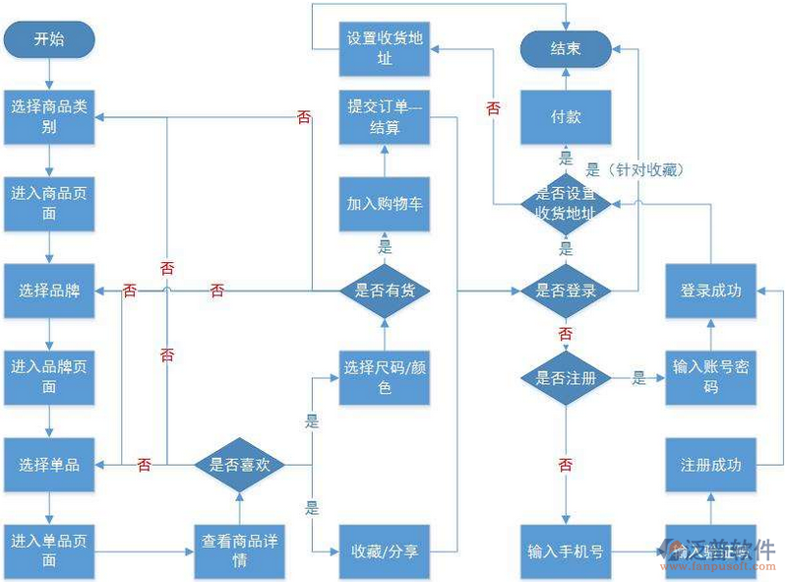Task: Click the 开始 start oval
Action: point(49,39)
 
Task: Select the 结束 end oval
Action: point(565,48)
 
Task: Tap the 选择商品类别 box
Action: point(49,116)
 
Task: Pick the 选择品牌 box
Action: point(49,291)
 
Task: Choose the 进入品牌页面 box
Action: point(49,377)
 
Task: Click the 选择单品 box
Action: point(49,464)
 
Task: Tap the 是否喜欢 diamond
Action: point(239,464)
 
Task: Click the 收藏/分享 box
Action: point(384,551)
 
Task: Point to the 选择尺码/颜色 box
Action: point(384,377)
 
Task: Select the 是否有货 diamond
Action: point(384,291)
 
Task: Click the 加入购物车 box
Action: point(384,204)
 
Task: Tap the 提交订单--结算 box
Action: point(384,116)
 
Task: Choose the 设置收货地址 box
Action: point(384,48)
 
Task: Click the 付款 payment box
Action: point(565,116)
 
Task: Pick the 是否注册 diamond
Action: point(565,377)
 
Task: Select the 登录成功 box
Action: point(710,291)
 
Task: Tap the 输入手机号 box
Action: point(565,551)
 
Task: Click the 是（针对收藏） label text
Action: point(635,169)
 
